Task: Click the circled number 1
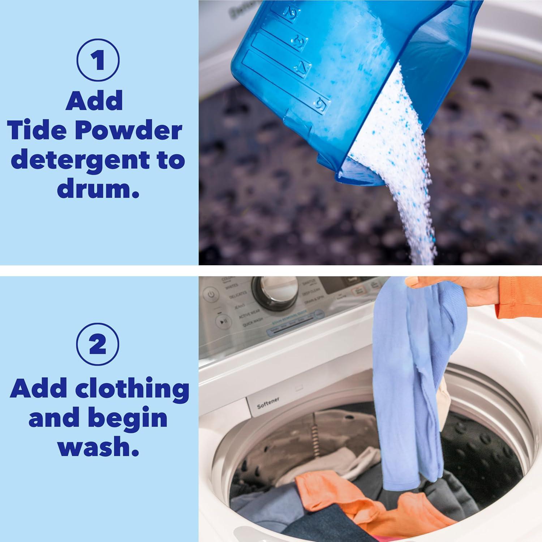pyautogui.click(x=98, y=61)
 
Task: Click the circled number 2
pyautogui.click(x=98, y=345)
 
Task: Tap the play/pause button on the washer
pyautogui.click(x=221, y=321)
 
